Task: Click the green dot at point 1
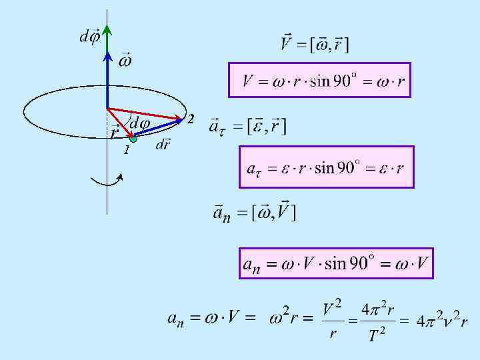[x=133, y=139]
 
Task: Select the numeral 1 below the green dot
[x=125, y=151]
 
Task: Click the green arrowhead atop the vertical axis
[x=107, y=30]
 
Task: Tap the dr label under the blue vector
[x=163, y=145]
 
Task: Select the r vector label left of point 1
[x=115, y=131]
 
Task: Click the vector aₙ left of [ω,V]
[x=221, y=213]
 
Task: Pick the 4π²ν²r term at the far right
[x=441, y=321]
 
